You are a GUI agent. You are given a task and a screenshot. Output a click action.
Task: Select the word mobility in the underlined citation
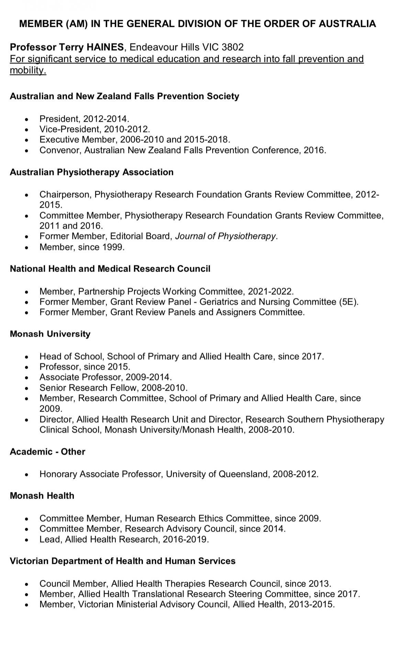[x=27, y=71]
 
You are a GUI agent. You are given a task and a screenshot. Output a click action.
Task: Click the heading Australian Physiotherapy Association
[x=91, y=172]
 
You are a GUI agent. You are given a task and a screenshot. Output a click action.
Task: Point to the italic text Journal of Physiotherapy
[x=225, y=236]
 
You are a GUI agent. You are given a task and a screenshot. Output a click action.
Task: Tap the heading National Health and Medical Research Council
[x=110, y=269]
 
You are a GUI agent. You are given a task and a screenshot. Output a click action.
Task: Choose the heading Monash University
[x=50, y=334]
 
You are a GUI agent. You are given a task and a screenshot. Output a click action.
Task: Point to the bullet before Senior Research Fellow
[x=27, y=389]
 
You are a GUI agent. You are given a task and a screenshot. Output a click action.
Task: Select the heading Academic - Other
[x=47, y=452]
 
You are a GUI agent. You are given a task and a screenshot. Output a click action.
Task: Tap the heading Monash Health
[x=42, y=496]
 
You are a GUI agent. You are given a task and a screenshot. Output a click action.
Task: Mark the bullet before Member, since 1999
[x=27, y=248]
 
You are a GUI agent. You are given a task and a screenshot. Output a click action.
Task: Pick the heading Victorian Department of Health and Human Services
[x=123, y=561]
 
